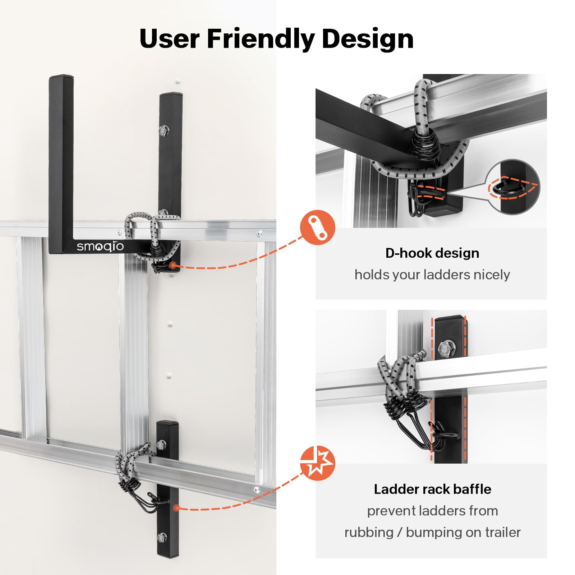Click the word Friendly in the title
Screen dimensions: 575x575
pos(261,39)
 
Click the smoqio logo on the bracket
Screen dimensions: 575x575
pos(100,247)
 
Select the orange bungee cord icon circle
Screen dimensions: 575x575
pos(318,227)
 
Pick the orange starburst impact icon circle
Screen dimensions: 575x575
pos(318,463)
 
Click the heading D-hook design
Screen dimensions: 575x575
pos(432,253)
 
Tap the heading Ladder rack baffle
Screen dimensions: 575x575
pos(432,489)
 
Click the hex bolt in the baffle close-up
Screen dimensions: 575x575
pos(447,348)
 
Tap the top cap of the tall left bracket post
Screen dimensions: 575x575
pos(61,77)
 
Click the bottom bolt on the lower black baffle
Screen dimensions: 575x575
pos(162,538)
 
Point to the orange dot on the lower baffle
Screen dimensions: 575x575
pos(176,508)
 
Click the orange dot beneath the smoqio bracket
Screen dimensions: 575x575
pos(173,265)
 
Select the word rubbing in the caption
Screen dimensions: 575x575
pos(369,533)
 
